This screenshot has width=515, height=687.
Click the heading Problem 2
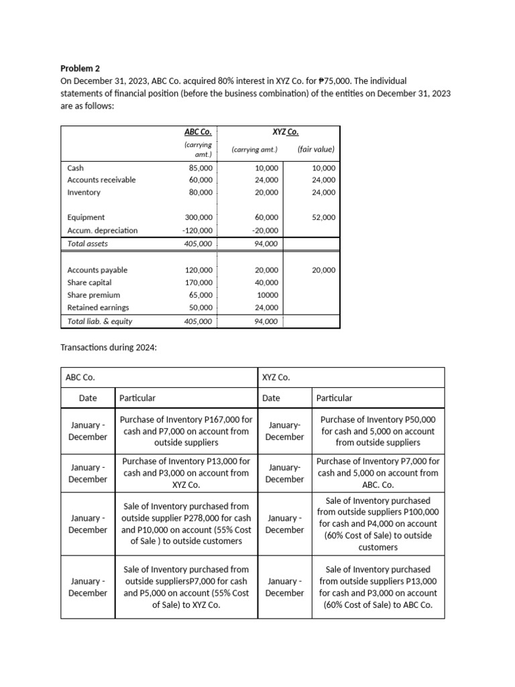[80, 68]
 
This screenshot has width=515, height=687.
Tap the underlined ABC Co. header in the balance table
[198, 132]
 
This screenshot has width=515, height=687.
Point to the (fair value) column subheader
[314, 150]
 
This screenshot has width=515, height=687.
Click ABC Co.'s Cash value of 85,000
[201, 168]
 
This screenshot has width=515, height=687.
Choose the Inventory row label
[84, 193]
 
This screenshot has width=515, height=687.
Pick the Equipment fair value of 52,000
[323, 217]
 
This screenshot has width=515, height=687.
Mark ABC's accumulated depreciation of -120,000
[198, 230]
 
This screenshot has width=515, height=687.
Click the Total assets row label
[88, 244]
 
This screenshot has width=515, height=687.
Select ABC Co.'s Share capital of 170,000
[199, 282]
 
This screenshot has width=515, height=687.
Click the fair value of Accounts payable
[323, 270]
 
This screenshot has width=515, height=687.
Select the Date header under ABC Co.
[88, 398]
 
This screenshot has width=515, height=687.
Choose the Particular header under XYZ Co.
[334, 398]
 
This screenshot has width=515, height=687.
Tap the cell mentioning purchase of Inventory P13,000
[186, 473]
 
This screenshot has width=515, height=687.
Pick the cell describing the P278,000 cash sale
[186, 523]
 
